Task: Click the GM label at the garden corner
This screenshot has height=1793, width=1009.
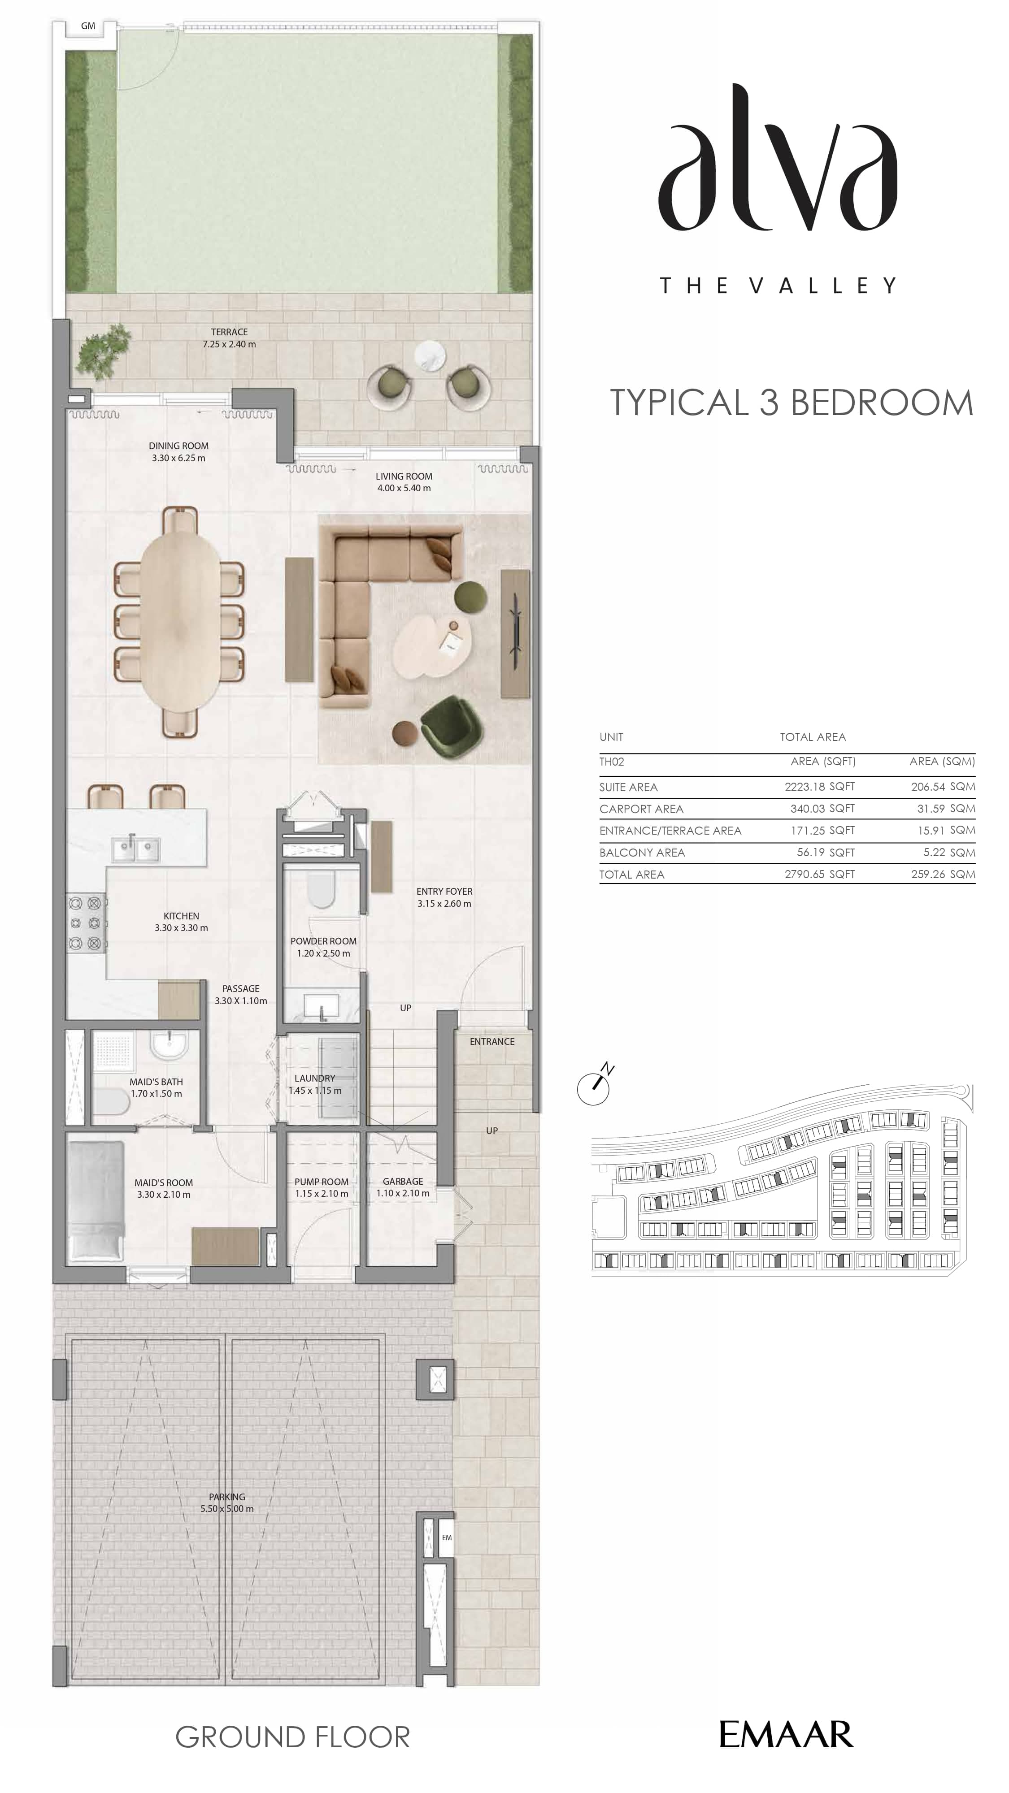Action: click(x=88, y=26)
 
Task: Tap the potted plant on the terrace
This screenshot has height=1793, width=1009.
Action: click(x=103, y=351)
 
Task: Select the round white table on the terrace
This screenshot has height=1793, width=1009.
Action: click(x=430, y=356)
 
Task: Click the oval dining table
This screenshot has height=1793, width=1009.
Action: click(x=180, y=622)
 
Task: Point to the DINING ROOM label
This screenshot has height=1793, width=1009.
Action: click(x=178, y=446)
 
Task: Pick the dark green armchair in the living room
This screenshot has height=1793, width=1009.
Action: click(x=451, y=727)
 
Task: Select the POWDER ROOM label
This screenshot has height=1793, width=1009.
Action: click(x=323, y=941)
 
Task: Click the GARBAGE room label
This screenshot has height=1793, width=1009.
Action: click(x=403, y=1181)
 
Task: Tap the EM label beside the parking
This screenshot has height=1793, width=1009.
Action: click(x=446, y=1537)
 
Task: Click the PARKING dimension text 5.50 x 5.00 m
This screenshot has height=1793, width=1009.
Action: click(x=227, y=1508)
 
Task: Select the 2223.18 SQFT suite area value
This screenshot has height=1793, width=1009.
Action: click(x=820, y=787)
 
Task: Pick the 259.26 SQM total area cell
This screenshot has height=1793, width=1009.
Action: click(x=943, y=874)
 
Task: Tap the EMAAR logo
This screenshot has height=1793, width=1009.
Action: click(x=786, y=1735)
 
